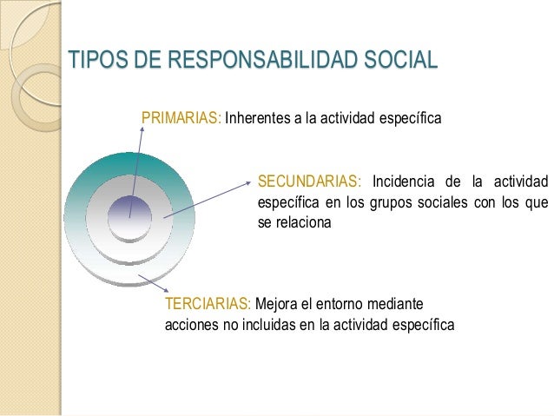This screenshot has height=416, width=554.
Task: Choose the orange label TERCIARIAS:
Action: [x=208, y=304]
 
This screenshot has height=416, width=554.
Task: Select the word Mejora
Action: [x=277, y=304]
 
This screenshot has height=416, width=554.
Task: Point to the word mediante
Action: [x=396, y=304]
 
